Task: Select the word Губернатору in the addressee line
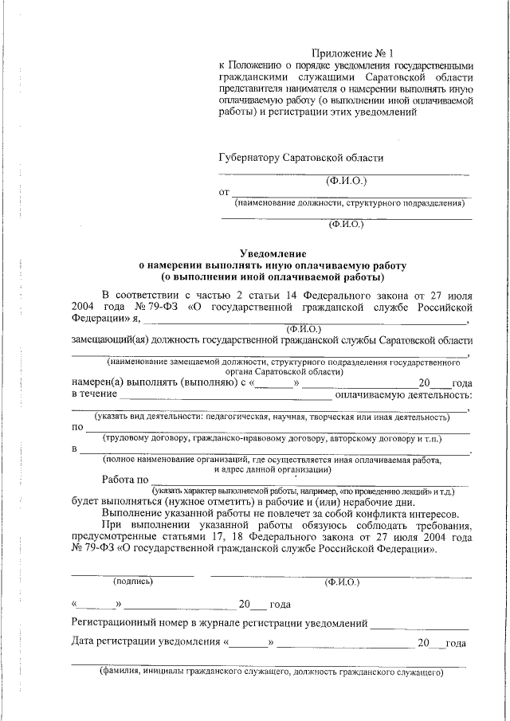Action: (250, 158)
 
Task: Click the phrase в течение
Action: (94, 394)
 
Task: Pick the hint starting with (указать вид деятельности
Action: (271, 417)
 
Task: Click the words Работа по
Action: (125, 480)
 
